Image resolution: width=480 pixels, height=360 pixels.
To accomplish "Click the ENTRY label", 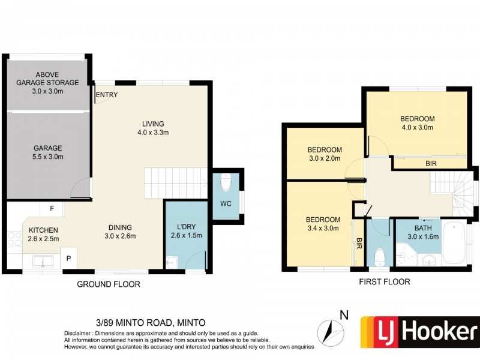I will pyautogui.click(x=106, y=95).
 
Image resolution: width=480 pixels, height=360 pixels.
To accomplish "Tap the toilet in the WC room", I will pyautogui.click(x=226, y=181).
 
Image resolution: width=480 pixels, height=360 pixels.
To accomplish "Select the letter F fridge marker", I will pyautogui.click(x=52, y=209).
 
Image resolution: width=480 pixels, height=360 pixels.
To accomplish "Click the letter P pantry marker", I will pyautogui.click(x=68, y=259).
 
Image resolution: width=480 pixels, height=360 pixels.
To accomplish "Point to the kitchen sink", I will pyautogui.click(x=43, y=261).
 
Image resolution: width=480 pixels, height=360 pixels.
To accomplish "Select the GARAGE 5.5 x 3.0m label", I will pyautogui.click(x=47, y=152).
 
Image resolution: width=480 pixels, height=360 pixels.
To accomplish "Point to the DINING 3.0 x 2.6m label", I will pyautogui.click(x=120, y=232).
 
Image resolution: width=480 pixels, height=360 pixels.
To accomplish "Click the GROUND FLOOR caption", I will pyautogui.click(x=108, y=284).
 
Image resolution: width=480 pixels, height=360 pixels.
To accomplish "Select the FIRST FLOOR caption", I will pyautogui.click(x=384, y=281).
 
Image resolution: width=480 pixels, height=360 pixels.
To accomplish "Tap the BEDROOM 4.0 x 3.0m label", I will pyautogui.click(x=417, y=123).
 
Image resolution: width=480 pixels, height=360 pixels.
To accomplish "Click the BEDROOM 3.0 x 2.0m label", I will pyautogui.click(x=324, y=154).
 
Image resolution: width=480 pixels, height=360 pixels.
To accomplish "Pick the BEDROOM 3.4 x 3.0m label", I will pyautogui.click(x=323, y=224).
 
